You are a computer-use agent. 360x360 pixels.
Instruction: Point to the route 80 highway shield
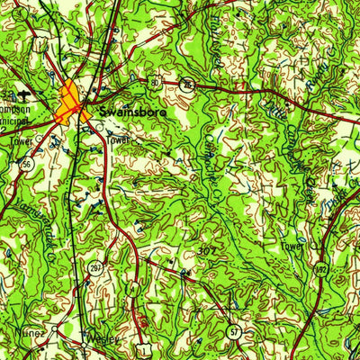(156, 83)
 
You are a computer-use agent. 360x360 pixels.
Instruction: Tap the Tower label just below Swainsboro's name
(119, 140)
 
